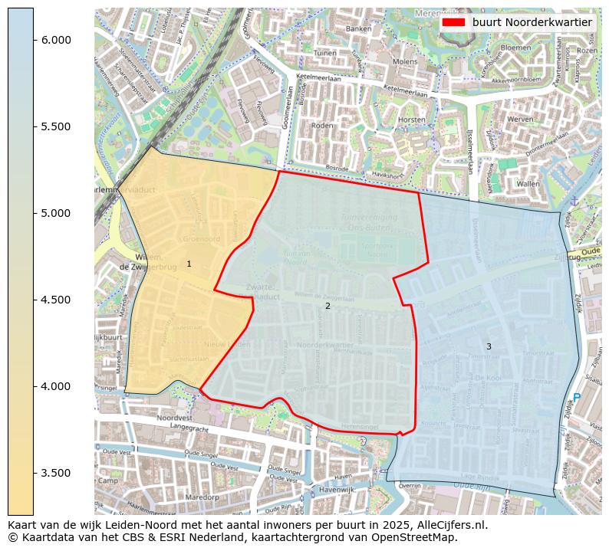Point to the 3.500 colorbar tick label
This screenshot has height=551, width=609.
pyautogui.click(x=56, y=473)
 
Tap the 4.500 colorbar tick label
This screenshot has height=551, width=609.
pyautogui.click(x=56, y=300)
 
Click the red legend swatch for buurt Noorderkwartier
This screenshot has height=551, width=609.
pyautogui.click(x=454, y=22)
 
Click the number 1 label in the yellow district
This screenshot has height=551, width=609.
pyautogui.click(x=189, y=264)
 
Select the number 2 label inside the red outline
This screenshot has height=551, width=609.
pyautogui.click(x=328, y=307)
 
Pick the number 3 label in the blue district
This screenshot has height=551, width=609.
pyautogui.click(x=489, y=347)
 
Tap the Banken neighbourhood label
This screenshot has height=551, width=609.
pyautogui.click(x=358, y=29)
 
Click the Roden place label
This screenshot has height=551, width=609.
pyautogui.click(x=323, y=126)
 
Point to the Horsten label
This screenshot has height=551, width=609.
pyautogui.click(x=412, y=120)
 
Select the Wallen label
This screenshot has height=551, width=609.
pyautogui.click(x=528, y=184)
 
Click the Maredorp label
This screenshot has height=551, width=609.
pyautogui.click(x=202, y=497)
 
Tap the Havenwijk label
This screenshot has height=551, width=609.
pyautogui.click(x=336, y=489)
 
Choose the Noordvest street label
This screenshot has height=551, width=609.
pyautogui.click(x=173, y=418)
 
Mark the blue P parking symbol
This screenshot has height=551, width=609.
pyautogui.click(x=577, y=398)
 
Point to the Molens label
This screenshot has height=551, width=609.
pyautogui.click(x=405, y=61)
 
